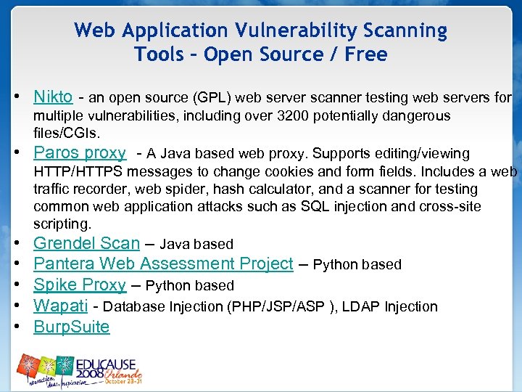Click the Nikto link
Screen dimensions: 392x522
click(53, 97)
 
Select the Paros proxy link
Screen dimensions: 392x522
click(80, 152)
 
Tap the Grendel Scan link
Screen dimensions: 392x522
click(86, 243)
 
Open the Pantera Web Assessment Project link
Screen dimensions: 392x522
click(163, 264)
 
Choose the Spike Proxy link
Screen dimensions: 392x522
click(80, 285)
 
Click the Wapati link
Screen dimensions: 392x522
click(61, 306)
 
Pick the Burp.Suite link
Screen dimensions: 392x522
click(72, 327)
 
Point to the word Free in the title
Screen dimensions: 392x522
click(366, 54)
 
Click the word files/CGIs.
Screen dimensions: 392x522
click(67, 134)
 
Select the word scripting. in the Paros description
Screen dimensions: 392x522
click(62, 224)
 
